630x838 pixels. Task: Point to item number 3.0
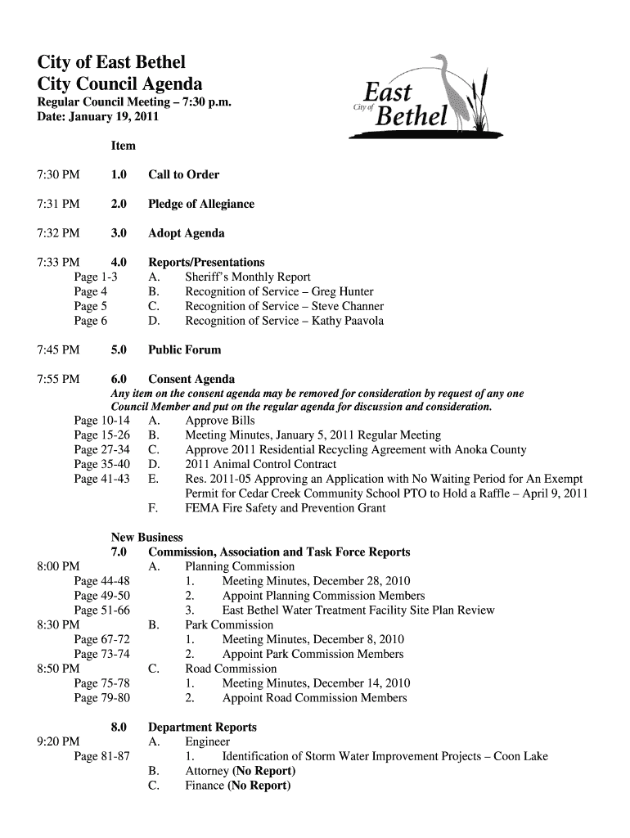[119, 233]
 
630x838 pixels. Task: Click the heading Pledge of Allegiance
[200, 204]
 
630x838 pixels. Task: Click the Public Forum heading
[184, 350]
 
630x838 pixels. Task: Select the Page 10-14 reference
[101, 421]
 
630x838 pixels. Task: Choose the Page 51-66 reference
[101, 610]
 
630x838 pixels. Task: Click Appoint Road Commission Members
[314, 698]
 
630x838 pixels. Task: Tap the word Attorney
[208, 771]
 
